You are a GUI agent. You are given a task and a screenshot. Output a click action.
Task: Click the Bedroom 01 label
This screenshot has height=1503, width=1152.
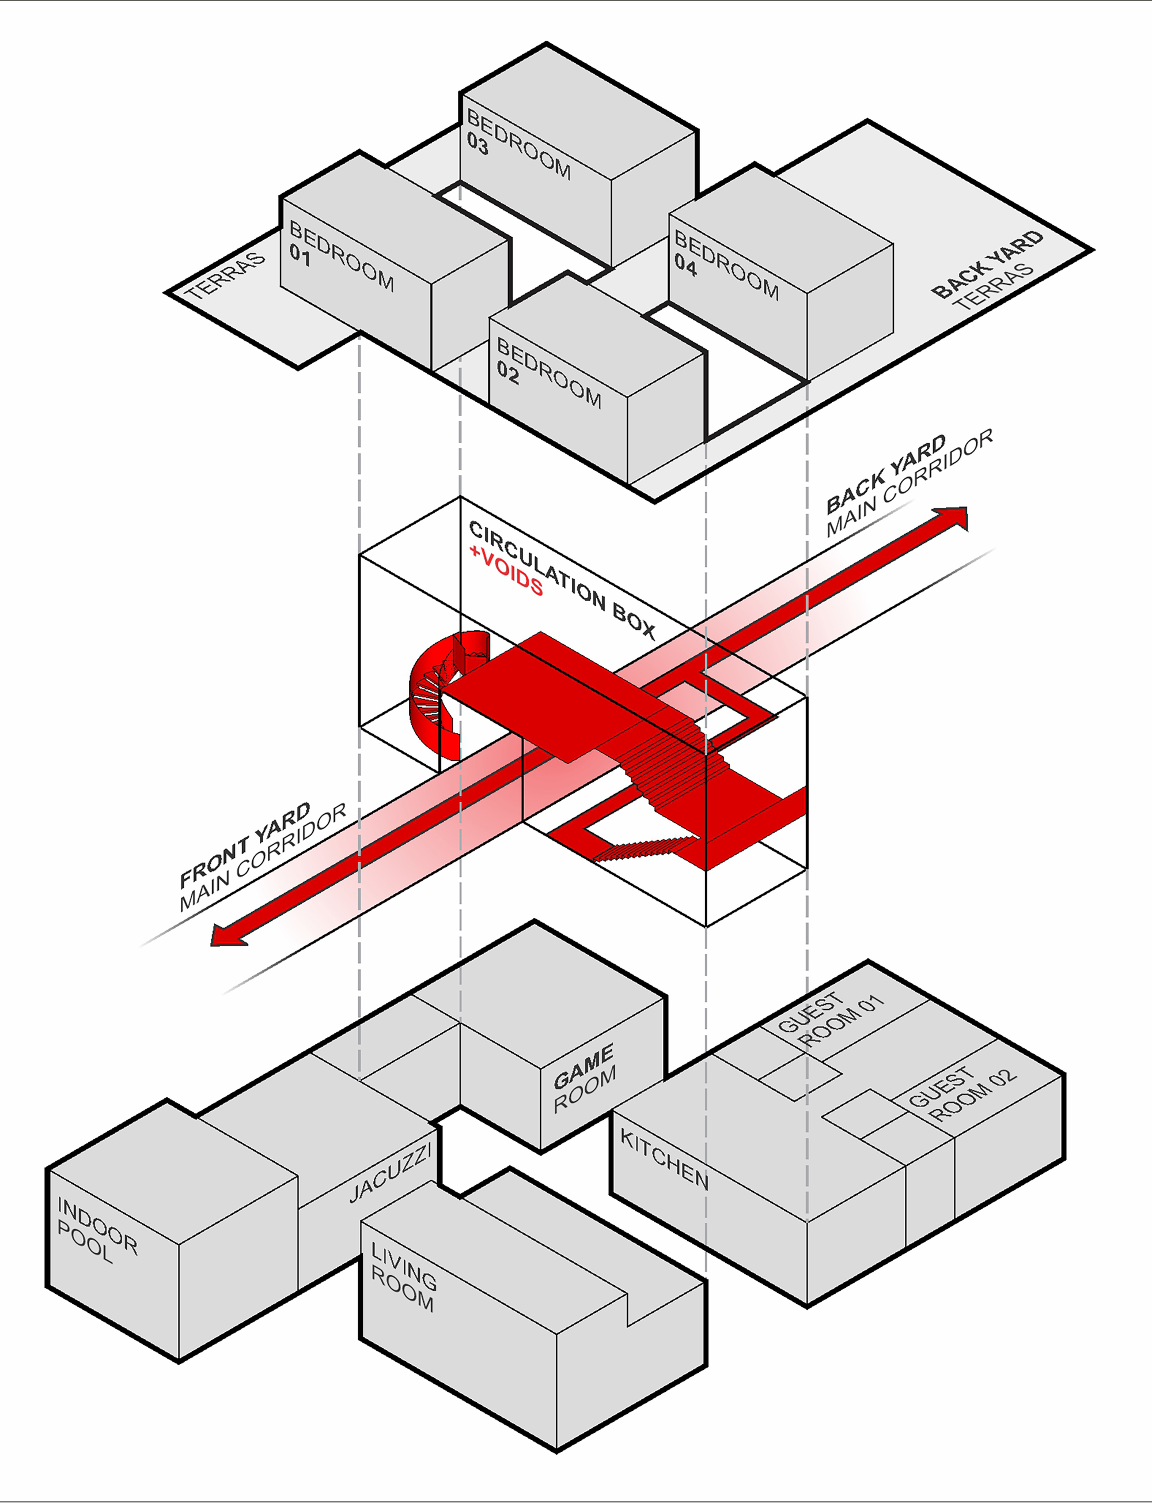pos(340,255)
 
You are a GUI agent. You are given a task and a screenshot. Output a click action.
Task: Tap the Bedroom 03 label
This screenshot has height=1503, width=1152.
pos(518,145)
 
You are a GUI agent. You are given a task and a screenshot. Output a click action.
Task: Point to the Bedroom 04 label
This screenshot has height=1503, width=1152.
pos(726,265)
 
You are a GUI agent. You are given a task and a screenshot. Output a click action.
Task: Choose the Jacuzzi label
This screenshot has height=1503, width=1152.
pos(389,1173)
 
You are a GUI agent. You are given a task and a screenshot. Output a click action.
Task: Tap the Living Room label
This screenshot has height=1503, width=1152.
pos(403,1277)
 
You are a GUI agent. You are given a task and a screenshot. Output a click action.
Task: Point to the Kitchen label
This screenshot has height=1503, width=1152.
pos(664,1158)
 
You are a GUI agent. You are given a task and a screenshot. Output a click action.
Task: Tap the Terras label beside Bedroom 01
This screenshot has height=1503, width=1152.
pos(225,276)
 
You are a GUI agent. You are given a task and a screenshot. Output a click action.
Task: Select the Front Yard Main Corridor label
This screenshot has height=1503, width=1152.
pos(262,857)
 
